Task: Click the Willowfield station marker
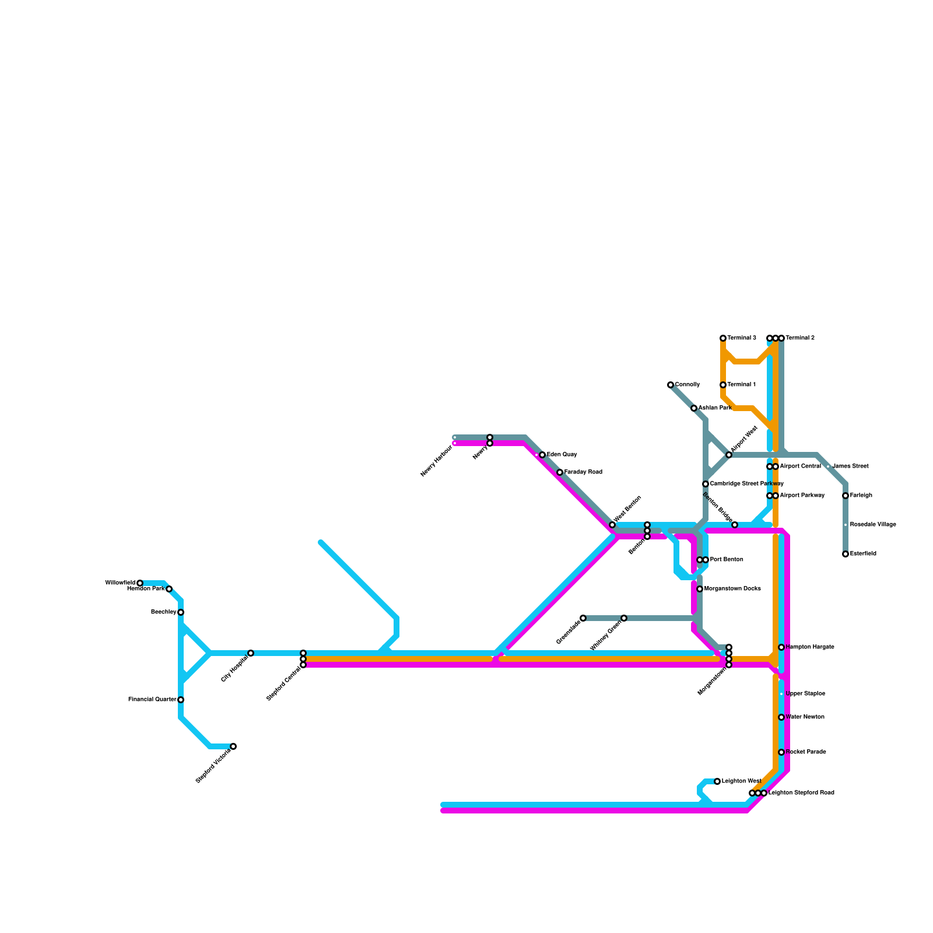(x=140, y=583)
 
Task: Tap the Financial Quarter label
(x=152, y=699)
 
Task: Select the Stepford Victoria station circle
(x=233, y=746)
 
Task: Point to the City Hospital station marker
(x=251, y=653)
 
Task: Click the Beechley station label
(x=163, y=612)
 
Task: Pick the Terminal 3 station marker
(x=723, y=338)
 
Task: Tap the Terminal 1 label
(x=742, y=385)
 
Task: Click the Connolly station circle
(x=671, y=385)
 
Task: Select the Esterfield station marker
(x=846, y=554)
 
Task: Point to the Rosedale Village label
(x=873, y=525)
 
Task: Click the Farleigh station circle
(x=846, y=496)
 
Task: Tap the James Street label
(x=851, y=466)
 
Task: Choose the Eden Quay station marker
(x=542, y=455)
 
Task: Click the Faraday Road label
(x=583, y=472)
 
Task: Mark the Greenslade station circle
(x=583, y=618)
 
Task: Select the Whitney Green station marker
(x=624, y=618)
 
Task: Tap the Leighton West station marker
(x=717, y=781)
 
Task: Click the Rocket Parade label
(x=806, y=752)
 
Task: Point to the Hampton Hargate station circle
(x=781, y=647)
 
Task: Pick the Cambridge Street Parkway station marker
(x=706, y=484)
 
